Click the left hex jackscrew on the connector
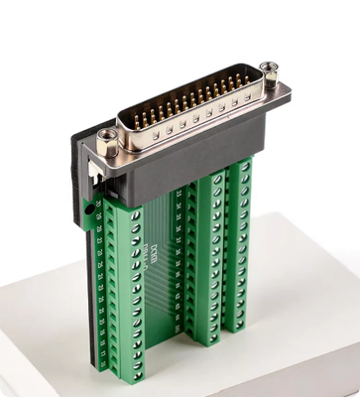[108, 137]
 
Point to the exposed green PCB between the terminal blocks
[159, 288]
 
